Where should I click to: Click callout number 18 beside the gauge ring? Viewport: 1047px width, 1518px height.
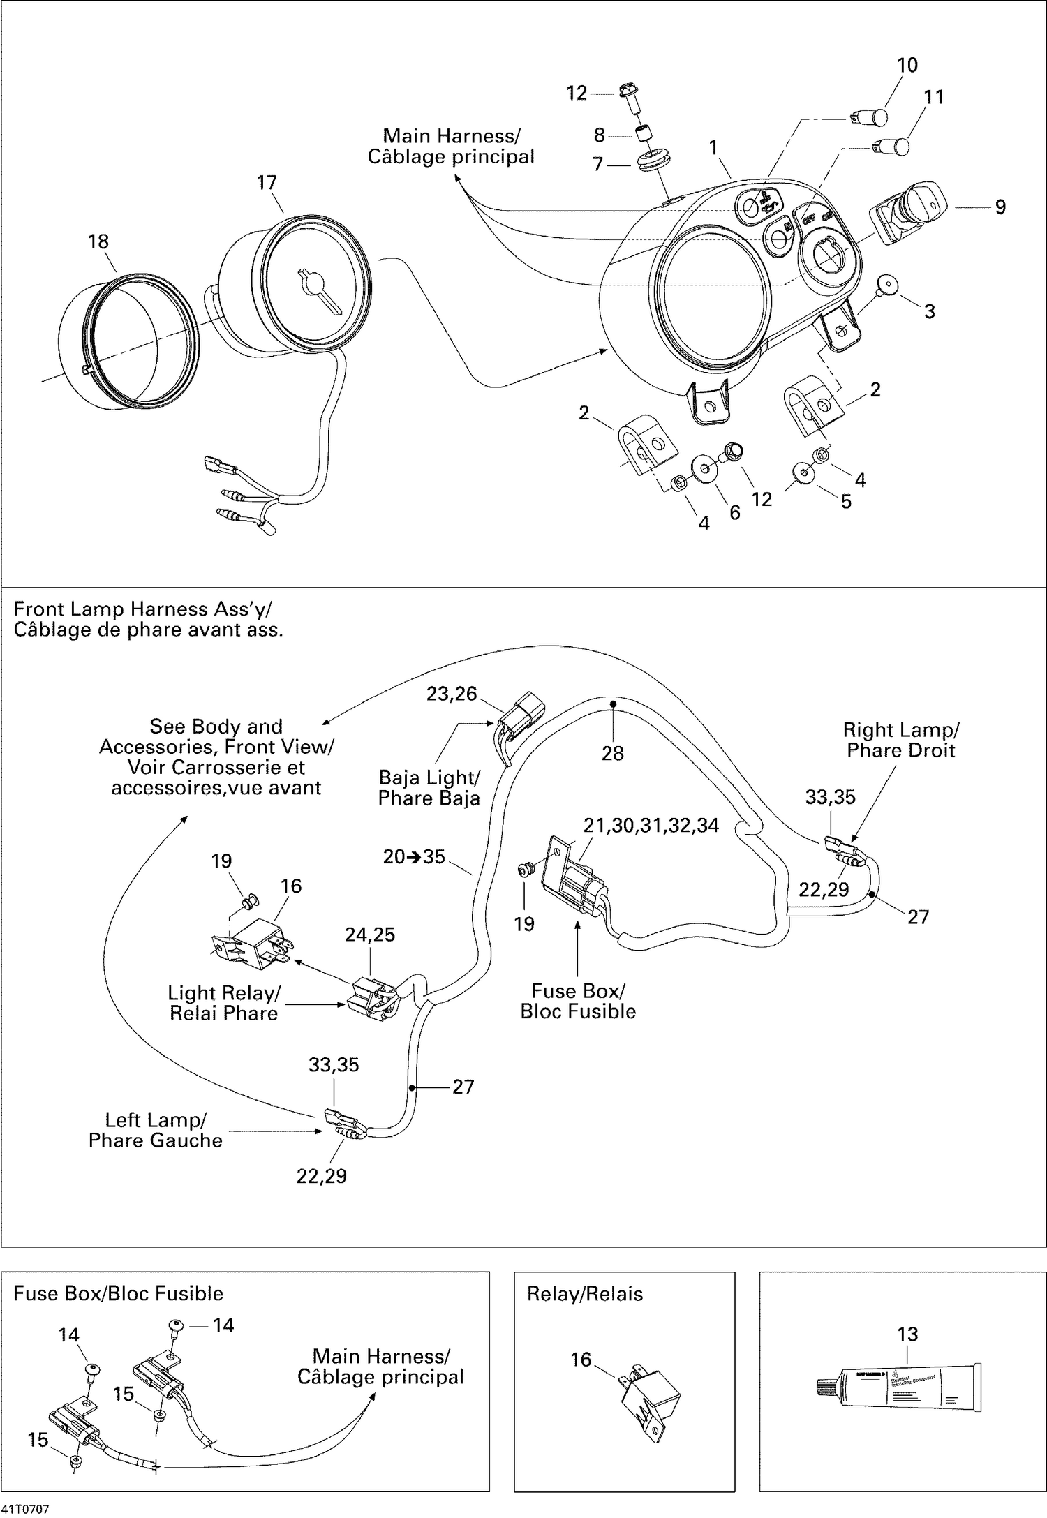pos(98,241)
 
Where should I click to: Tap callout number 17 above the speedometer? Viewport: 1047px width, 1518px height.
pos(267,183)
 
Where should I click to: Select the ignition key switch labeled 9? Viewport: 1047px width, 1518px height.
pos(907,209)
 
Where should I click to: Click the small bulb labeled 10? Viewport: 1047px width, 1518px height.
pos(873,117)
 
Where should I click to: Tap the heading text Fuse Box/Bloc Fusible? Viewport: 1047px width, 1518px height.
pos(118,1293)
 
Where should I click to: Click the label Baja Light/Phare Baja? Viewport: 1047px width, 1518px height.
pos(429,788)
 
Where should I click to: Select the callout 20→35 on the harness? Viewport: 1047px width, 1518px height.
pos(414,856)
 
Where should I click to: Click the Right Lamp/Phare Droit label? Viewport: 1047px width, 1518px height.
pos(900,740)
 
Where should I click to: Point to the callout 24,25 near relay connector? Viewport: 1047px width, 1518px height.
pos(370,935)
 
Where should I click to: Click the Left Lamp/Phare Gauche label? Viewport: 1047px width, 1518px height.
pos(155,1130)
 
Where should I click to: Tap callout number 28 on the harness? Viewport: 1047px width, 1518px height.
pos(612,753)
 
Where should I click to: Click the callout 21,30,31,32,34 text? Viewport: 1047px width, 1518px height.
pos(651,825)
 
